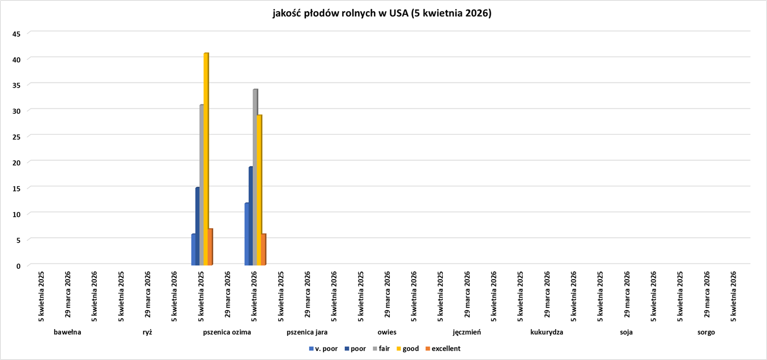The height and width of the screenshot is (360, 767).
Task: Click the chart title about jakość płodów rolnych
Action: (x=382, y=14)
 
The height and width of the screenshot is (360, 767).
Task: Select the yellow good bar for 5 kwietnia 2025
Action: (x=206, y=157)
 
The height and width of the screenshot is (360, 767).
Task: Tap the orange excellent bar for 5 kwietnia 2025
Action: (x=210, y=247)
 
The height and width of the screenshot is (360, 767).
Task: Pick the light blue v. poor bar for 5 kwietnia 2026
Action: (x=247, y=234)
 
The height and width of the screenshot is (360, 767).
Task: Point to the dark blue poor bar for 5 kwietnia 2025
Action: (x=198, y=226)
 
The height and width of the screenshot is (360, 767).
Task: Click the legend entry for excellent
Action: (x=445, y=348)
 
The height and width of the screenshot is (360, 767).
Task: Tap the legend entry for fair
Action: (x=384, y=348)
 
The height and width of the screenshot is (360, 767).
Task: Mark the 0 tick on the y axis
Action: (x=18, y=266)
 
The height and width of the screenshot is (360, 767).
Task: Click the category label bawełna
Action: (x=67, y=332)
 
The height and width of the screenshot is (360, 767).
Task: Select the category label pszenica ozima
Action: (x=227, y=332)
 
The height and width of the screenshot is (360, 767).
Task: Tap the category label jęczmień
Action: (x=466, y=332)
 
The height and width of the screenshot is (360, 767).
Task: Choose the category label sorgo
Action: (x=706, y=332)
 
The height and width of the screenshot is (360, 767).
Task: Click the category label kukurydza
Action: (x=547, y=332)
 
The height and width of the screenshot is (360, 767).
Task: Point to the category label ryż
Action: (x=147, y=332)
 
